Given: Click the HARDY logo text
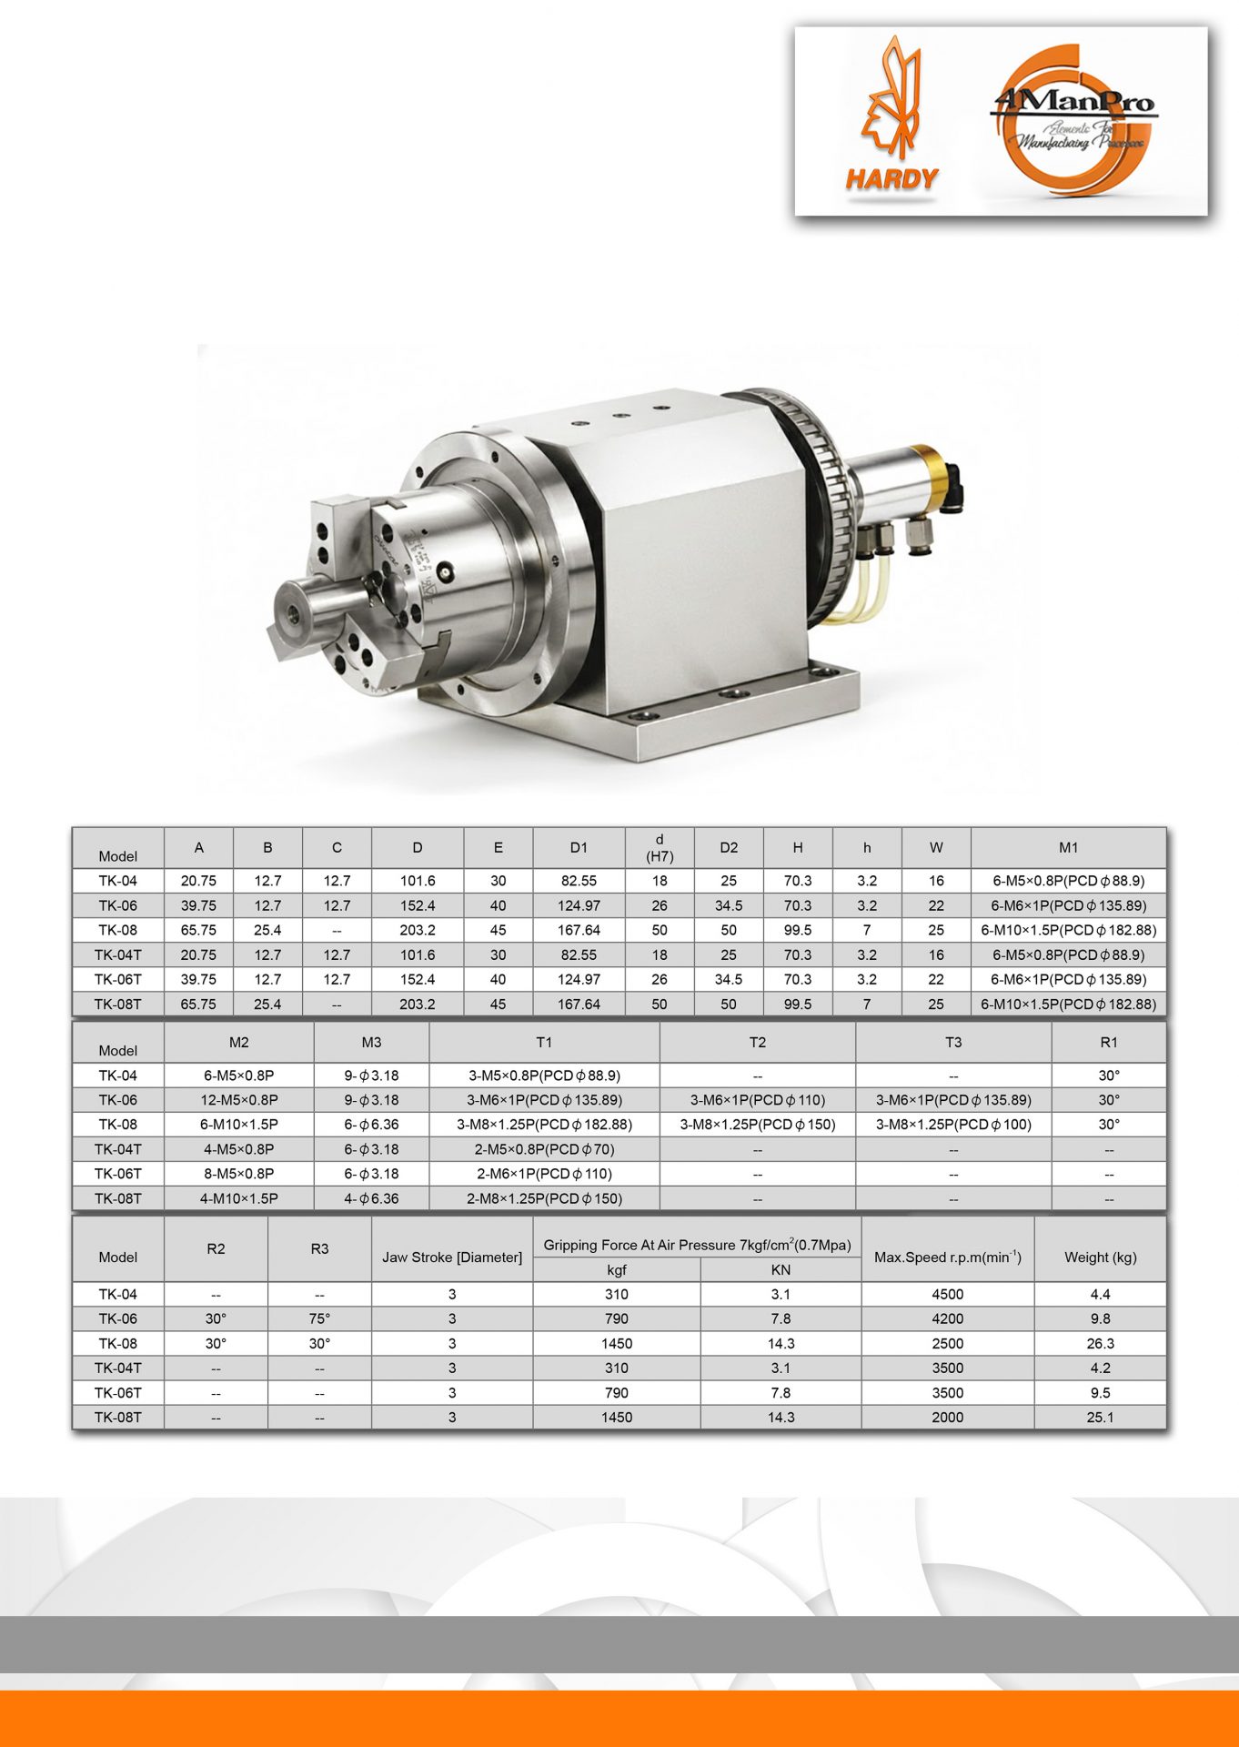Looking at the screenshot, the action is click(x=891, y=178).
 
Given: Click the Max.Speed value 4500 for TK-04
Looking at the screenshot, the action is click(x=947, y=1294).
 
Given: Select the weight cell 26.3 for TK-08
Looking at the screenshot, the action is click(x=1100, y=1343).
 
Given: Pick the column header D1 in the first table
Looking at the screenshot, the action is click(x=579, y=847).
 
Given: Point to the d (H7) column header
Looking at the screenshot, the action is click(x=660, y=847).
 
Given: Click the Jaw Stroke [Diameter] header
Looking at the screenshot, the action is click(x=452, y=1257).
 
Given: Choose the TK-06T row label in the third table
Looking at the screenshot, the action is click(x=118, y=1392).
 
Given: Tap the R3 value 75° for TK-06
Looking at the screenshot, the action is click(x=319, y=1318).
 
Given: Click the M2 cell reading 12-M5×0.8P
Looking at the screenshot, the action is click(x=239, y=1099).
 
